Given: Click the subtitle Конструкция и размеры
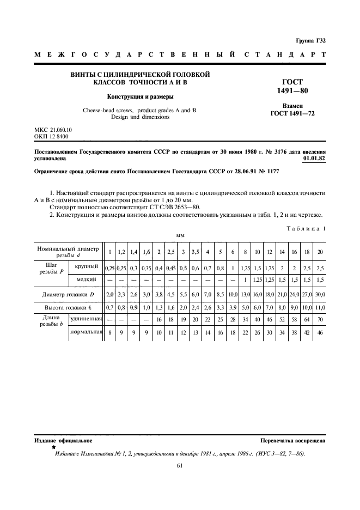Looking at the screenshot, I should click(x=140, y=97).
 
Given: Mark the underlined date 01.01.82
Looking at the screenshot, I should click(x=314, y=159).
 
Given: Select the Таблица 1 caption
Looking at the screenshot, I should click(x=306, y=229).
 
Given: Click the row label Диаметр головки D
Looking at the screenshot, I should click(x=69, y=295).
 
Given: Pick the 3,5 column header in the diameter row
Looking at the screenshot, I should click(x=195, y=252).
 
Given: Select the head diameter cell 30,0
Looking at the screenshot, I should click(x=320, y=295).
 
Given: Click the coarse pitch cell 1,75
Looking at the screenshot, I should click(x=270, y=267).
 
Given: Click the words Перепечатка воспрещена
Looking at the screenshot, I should click(x=293, y=440).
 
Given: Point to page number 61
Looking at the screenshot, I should click(x=180, y=465).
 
